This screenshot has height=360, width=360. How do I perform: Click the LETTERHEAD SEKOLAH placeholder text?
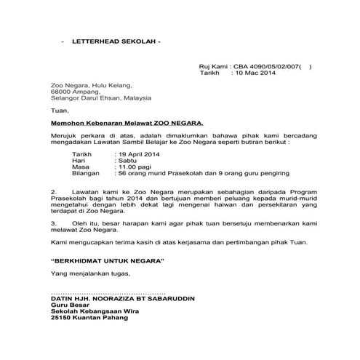tap(116, 43)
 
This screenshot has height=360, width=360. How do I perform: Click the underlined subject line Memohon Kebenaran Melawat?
tap(116, 124)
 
